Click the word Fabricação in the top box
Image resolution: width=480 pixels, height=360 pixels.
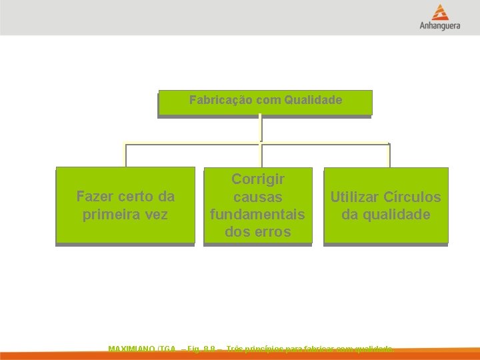pyautogui.click(x=219, y=100)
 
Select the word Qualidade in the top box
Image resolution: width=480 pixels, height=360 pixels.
pyautogui.click(x=313, y=100)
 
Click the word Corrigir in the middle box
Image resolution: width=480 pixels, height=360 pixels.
pyautogui.click(x=258, y=179)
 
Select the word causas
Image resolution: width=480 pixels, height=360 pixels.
pyautogui.click(x=258, y=197)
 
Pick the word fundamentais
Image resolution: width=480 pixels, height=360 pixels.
pyautogui.click(x=258, y=215)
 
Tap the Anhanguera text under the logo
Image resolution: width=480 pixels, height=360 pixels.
pyautogui.click(x=439, y=27)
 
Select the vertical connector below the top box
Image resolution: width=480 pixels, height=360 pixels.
pyautogui.click(x=260, y=129)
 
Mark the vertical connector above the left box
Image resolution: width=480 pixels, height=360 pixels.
pyautogui.click(x=125, y=155)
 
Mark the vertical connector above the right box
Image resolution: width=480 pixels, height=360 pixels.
pyautogui.click(x=389, y=155)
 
